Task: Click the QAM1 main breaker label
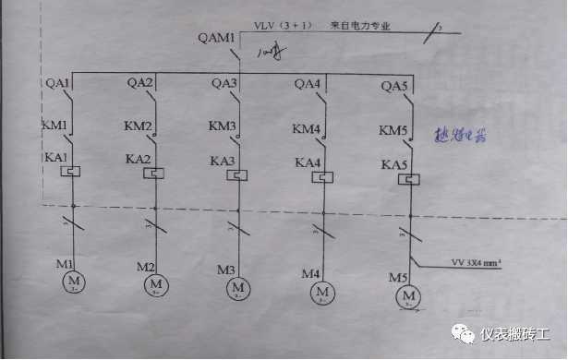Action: (x=217, y=40)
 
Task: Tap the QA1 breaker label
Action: (x=57, y=84)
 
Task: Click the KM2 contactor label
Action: (x=139, y=126)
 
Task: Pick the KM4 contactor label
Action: (x=307, y=127)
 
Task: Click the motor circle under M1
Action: (x=72, y=282)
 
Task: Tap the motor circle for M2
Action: (x=154, y=284)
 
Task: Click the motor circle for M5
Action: (x=406, y=296)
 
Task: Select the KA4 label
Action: (x=308, y=163)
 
